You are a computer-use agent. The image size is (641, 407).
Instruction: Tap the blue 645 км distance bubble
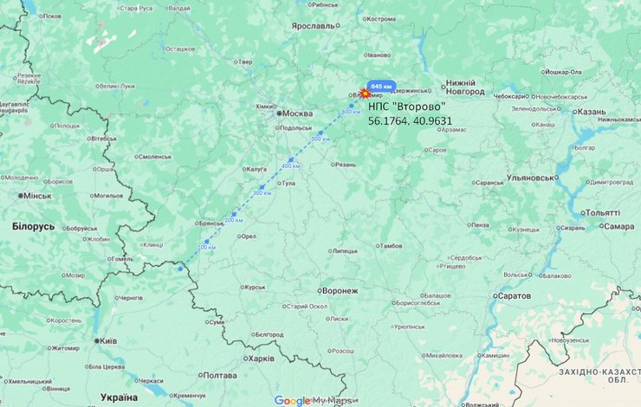coord(381,87)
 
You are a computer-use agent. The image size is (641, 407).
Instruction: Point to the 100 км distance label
coord(208,248)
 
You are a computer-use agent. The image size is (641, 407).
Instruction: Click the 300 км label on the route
coord(262,193)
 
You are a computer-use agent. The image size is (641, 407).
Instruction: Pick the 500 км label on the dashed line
coord(320,139)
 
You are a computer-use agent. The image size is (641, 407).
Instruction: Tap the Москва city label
coord(297,113)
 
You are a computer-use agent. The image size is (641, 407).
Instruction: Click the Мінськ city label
coord(36,196)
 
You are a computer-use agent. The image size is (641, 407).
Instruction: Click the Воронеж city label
coord(339,291)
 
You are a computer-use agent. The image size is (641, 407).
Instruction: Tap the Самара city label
coord(618,226)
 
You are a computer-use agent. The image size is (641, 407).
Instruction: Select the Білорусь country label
coord(34,226)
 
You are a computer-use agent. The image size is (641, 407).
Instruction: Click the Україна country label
coord(119,397)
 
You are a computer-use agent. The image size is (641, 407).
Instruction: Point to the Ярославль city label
coord(313,26)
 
